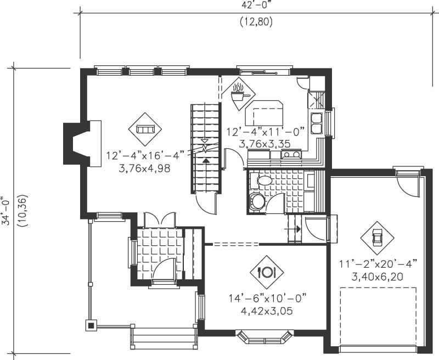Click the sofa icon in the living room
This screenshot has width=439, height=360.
click(x=145, y=129)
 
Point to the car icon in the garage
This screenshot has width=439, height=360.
click(x=377, y=238)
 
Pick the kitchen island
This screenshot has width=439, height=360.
click(x=264, y=114)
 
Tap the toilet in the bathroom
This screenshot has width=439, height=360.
click(x=257, y=201)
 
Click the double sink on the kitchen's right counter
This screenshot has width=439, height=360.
click(x=317, y=123)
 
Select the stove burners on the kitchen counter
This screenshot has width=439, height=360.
click(x=290, y=155)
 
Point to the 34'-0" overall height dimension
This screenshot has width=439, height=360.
click(x=6, y=211)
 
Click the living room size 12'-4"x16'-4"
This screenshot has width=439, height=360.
click(x=145, y=155)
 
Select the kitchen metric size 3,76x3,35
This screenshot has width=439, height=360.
click(x=264, y=143)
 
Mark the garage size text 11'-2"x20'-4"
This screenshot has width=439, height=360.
click(x=378, y=264)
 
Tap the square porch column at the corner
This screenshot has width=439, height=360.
click(x=89, y=325)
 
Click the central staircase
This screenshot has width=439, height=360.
click(x=205, y=148)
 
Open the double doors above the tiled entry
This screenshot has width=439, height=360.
click(x=159, y=220)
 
